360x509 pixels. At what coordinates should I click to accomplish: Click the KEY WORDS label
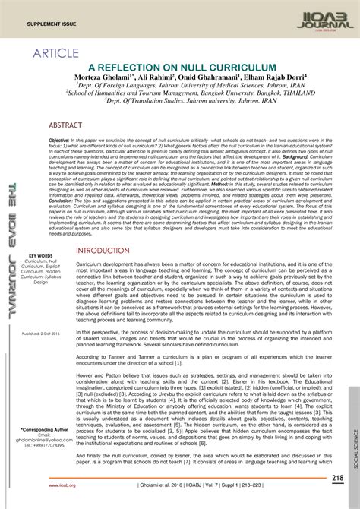pyautogui.click(x=40, y=255)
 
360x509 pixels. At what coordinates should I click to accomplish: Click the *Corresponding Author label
pyautogui.click(x=42, y=430)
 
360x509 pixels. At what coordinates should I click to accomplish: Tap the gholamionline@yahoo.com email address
pyautogui.click(x=42, y=441)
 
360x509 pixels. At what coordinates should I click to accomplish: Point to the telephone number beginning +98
pyautogui.click(x=42, y=447)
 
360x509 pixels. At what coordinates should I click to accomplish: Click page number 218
pyautogui.click(x=338, y=477)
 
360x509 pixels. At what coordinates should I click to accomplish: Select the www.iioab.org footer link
pyautogui.click(x=60, y=485)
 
